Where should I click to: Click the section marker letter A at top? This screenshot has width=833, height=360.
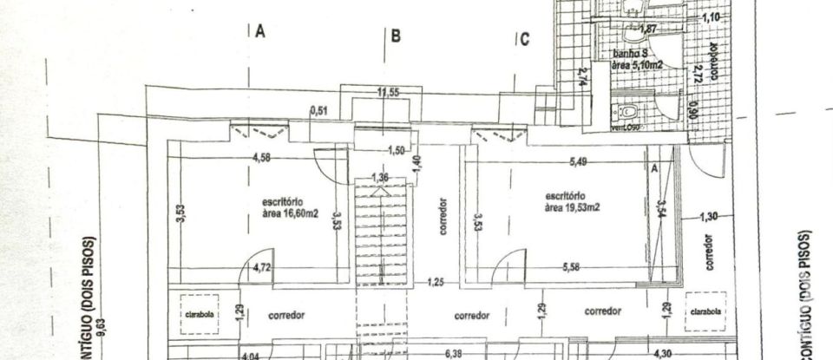[x=259, y=32]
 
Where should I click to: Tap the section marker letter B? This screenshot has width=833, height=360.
[x=395, y=36]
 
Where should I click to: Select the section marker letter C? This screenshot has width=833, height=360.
[x=525, y=39]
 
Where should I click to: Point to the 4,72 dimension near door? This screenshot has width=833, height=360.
[x=261, y=270]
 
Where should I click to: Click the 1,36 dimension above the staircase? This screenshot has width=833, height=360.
[x=379, y=179]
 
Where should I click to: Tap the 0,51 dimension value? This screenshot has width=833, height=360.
[x=318, y=110]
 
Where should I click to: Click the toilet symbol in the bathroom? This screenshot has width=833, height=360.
[x=626, y=113]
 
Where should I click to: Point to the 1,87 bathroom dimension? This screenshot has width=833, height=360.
[x=647, y=29]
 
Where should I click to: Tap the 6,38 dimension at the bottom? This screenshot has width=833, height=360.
[x=453, y=354]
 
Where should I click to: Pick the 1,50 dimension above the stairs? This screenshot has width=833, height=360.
[x=396, y=150]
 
